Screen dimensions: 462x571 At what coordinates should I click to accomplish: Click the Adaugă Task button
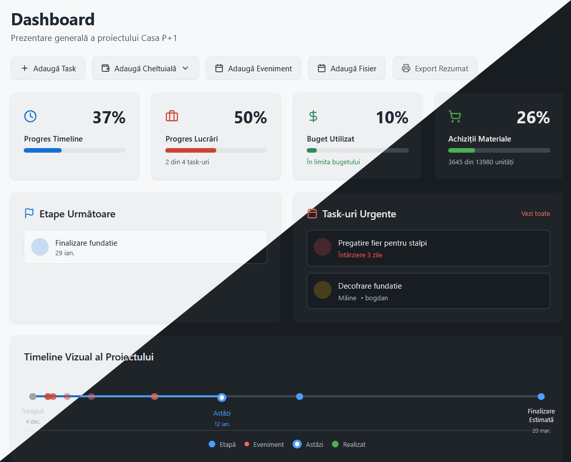click(48, 68)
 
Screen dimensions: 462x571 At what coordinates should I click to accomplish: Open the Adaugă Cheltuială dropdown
click(146, 68)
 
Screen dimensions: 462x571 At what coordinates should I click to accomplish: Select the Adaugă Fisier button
click(347, 68)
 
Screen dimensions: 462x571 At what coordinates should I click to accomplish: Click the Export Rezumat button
click(435, 68)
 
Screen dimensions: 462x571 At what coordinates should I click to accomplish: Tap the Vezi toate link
click(535, 214)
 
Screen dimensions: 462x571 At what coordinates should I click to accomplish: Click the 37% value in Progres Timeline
click(109, 117)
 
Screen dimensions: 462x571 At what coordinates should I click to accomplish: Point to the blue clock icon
click(30, 116)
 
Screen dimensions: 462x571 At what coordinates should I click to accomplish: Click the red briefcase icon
click(172, 116)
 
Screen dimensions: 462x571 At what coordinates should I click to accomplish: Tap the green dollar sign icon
click(313, 116)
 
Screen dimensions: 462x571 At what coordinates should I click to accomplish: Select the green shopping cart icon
click(455, 117)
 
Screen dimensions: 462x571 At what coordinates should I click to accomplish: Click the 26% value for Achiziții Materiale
click(533, 117)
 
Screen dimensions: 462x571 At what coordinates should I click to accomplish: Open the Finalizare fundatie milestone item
click(146, 247)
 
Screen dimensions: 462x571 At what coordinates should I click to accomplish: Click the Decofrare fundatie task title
click(370, 286)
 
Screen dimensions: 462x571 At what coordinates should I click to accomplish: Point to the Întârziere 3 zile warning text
click(360, 255)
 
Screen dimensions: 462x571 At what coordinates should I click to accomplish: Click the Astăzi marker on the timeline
click(222, 397)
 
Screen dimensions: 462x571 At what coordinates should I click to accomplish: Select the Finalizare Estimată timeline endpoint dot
click(541, 397)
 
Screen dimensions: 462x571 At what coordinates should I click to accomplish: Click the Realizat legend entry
click(349, 444)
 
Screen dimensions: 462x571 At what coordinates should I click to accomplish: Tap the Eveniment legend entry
click(264, 444)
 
